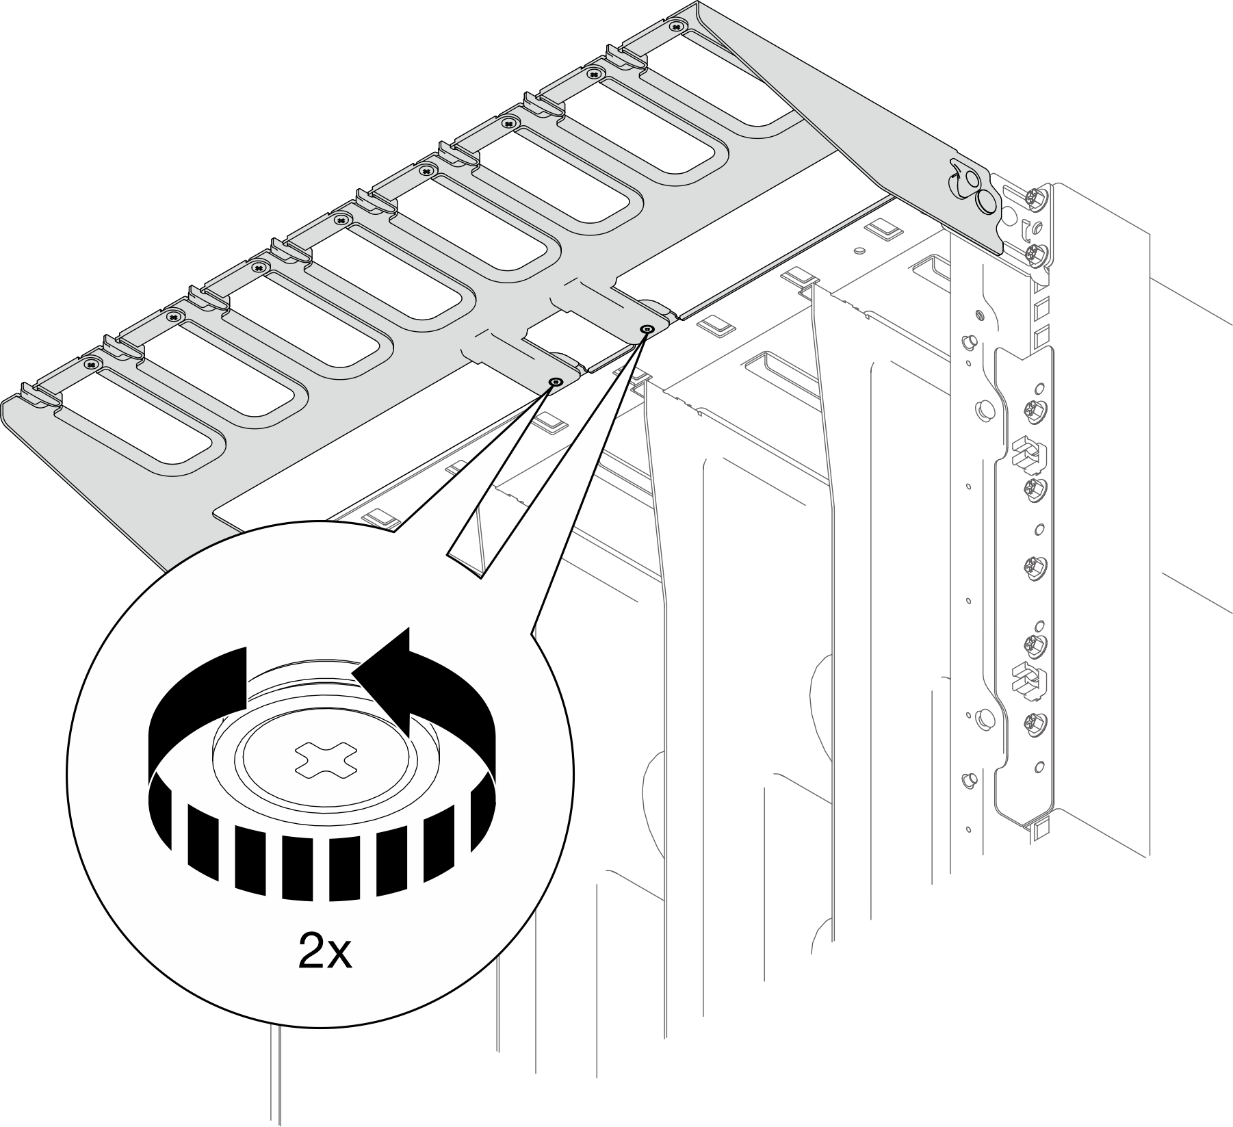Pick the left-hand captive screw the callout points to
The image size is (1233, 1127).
[556, 382]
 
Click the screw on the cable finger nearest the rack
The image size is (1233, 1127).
[677, 26]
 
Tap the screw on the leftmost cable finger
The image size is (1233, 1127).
[91, 363]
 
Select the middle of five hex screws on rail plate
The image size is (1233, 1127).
[1032, 566]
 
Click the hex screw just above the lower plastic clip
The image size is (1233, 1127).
[1032, 643]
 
